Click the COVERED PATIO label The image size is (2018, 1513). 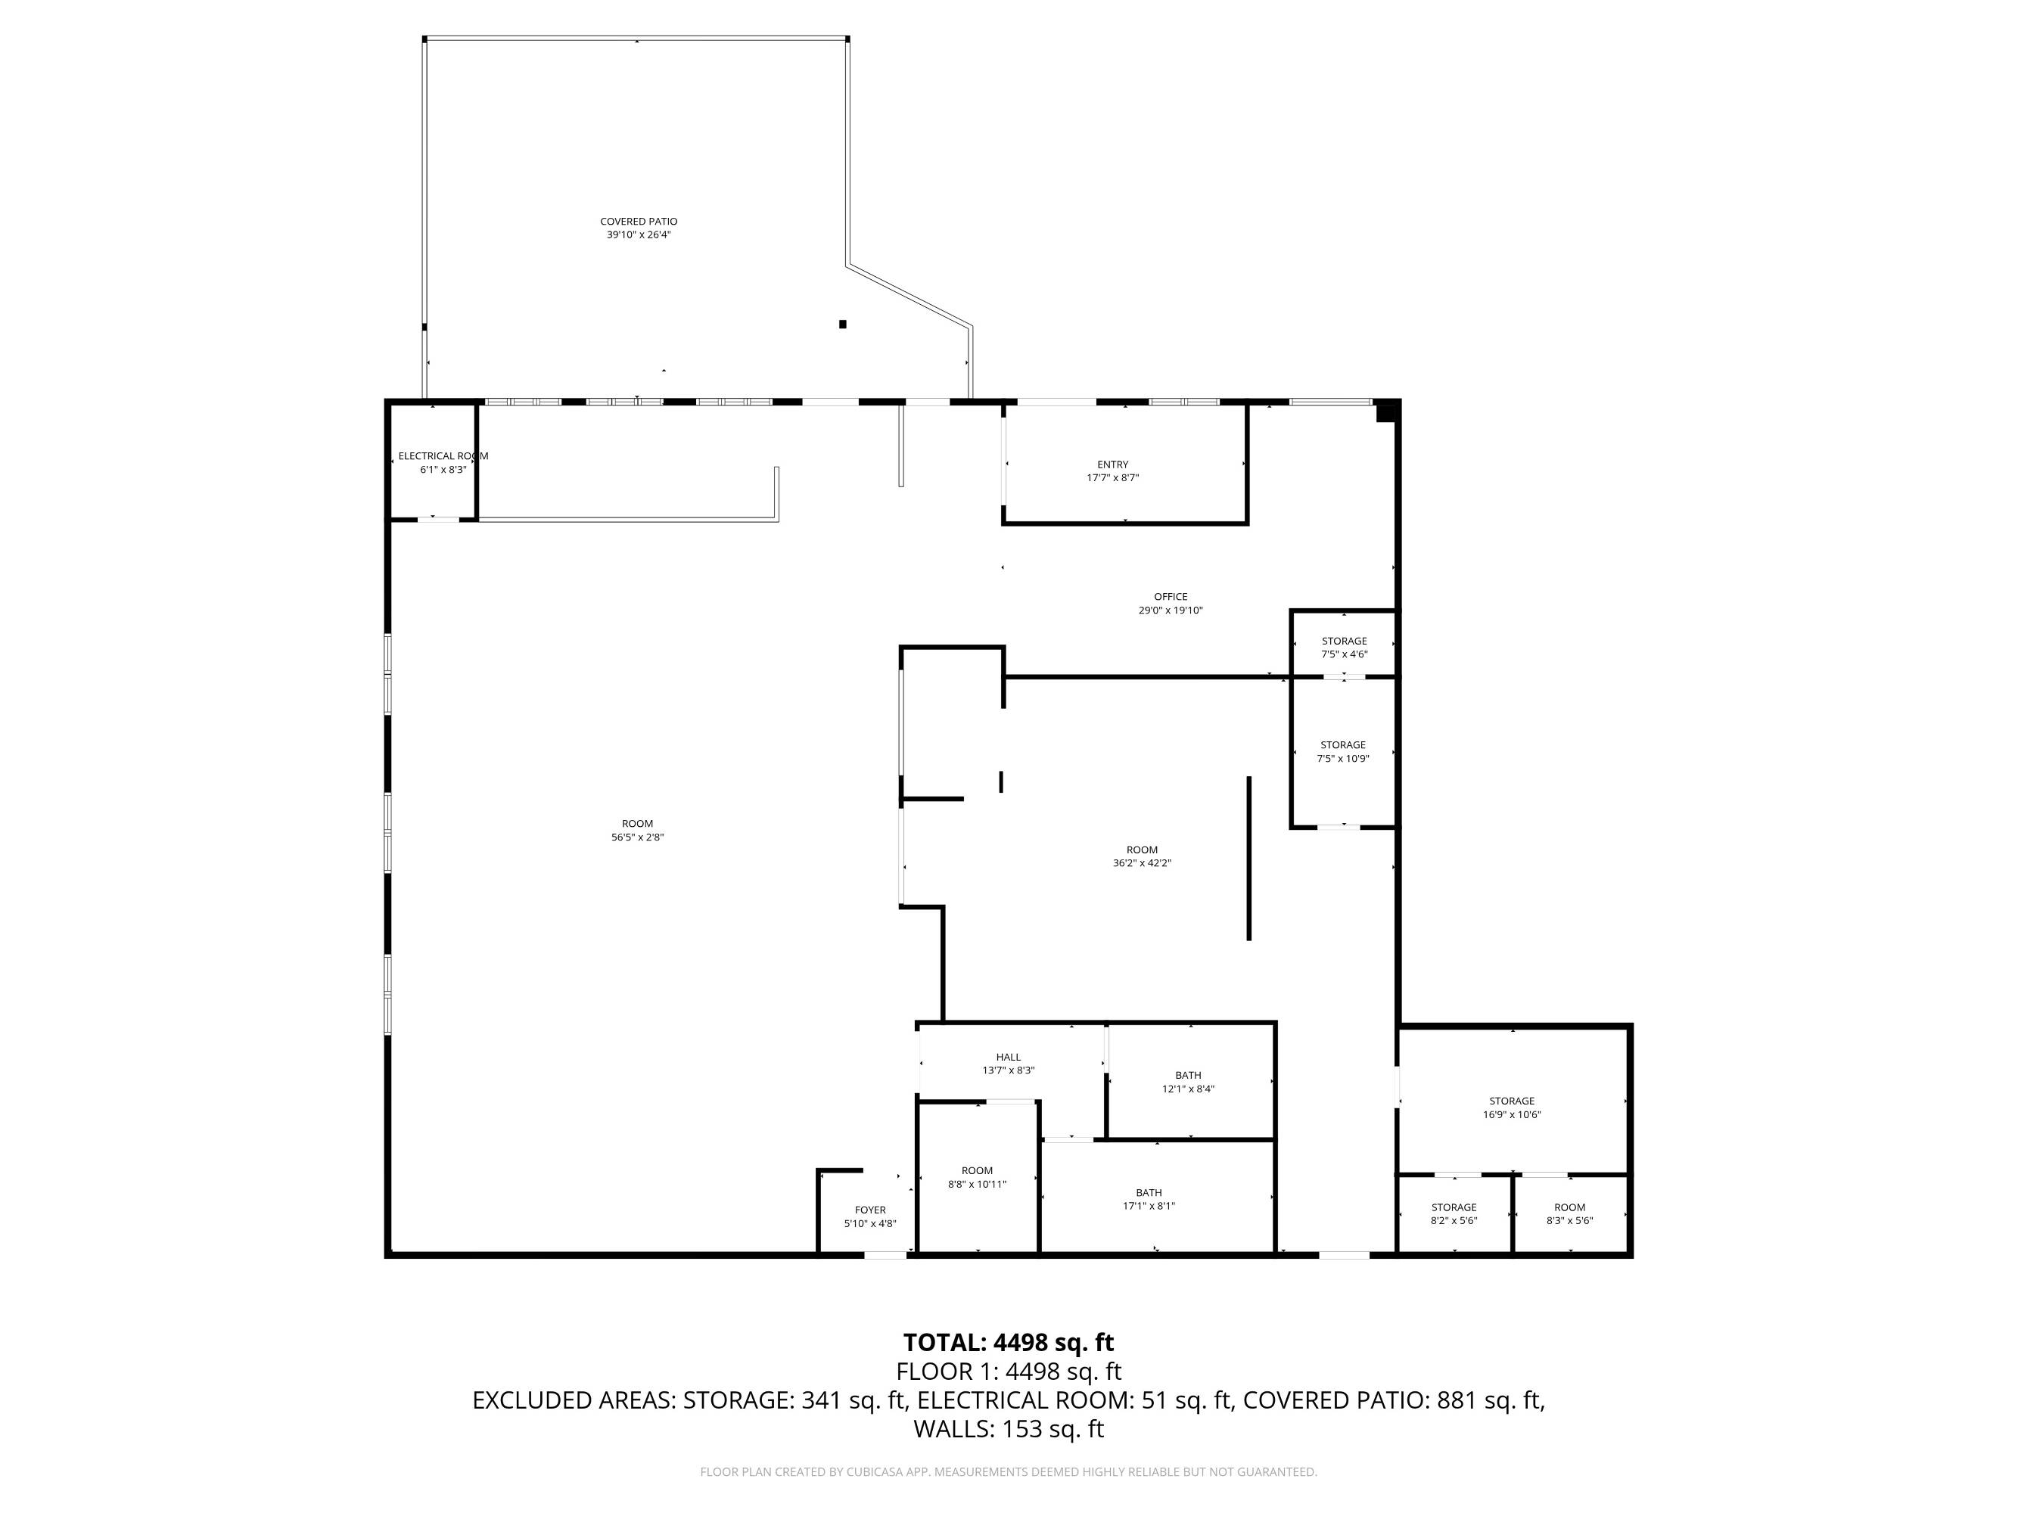(639, 222)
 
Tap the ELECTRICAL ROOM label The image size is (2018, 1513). (443, 456)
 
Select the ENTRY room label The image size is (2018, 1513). (1113, 464)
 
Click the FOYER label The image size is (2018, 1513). (870, 1210)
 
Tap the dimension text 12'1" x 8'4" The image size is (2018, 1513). (1188, 1089)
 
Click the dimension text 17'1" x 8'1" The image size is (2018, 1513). (1149, 1206)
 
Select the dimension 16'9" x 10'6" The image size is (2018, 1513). (1512, 1114)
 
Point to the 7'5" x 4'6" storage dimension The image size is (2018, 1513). (1345, 654)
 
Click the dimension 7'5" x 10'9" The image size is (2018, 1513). (1343, 758)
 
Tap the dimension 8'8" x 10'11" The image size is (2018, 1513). (977, 1185)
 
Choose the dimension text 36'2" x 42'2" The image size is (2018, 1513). (1143, 862)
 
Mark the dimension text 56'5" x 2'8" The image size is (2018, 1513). (638, 837)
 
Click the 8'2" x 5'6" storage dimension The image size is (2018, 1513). (1454, 1220)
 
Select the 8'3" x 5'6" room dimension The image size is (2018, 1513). (1569, 1220)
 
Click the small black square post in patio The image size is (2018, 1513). (843, 324)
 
